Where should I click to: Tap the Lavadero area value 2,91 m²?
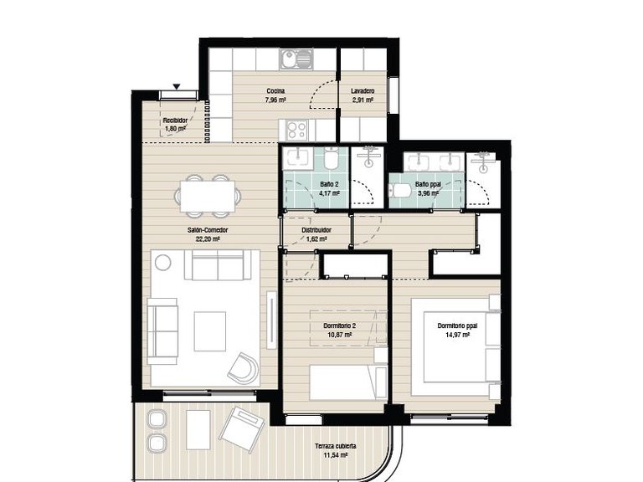363,100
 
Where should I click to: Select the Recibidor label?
175,120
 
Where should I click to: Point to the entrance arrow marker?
177,85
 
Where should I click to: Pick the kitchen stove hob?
296,128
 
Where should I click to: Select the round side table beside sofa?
163,263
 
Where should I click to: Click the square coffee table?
209,331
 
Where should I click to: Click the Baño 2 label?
329,183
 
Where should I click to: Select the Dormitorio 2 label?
335,326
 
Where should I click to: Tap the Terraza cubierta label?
335,447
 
